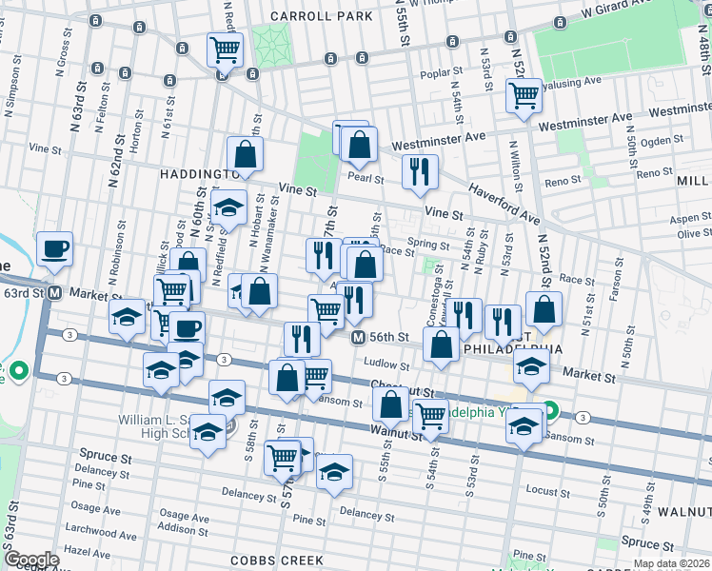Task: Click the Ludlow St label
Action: click(x=387, y=363)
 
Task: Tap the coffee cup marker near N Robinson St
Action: click(x=54, y=249)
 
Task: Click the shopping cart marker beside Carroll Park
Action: click(x=225, y=49)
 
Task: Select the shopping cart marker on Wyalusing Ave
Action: click(x=524, y=95)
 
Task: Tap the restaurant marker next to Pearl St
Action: click(x=420, y=171)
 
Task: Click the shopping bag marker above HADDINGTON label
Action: click(x=245, y=153)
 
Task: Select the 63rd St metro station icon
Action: click(x=55, y=292)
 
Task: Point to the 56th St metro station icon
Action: click(x=358, y=338)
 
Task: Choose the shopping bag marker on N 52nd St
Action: click(x=544, y=308)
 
